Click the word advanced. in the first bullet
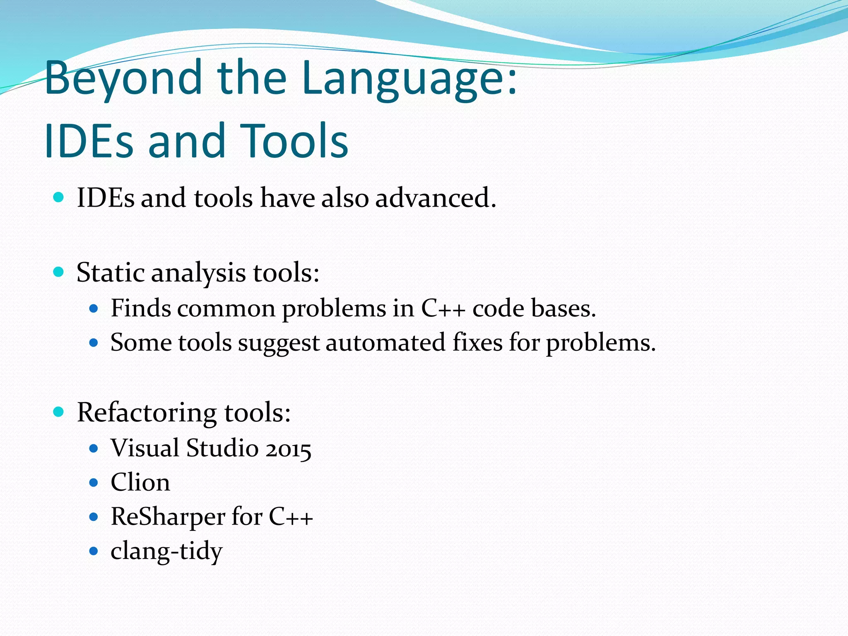click(x=435, y=198)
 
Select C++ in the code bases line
click(x=443, y=308)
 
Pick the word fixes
click(x=477, y=342)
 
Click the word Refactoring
click(x=147, y=413)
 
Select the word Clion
click(x=140, y=483)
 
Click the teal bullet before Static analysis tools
click(x=59, y=272)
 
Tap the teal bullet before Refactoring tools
click(x=59, y=412)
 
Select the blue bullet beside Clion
click(x=94, y=483)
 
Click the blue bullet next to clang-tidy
click(x=94, y=551)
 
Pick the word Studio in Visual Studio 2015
click(x=222, y=448)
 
